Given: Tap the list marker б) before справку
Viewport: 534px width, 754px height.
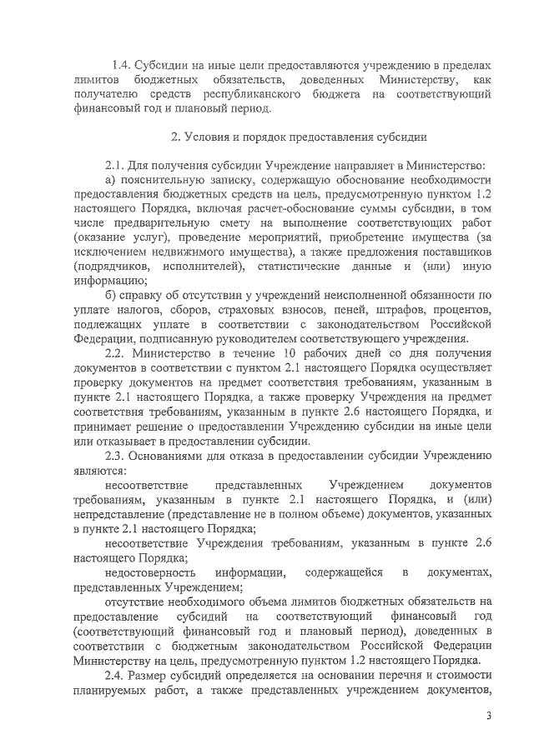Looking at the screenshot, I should tap(111, 295).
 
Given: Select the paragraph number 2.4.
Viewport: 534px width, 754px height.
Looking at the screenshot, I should tap(118, 674).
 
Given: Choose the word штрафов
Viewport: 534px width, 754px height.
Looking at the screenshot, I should tap(380, 310).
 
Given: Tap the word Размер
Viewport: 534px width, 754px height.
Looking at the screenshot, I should tap(162, 674).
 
